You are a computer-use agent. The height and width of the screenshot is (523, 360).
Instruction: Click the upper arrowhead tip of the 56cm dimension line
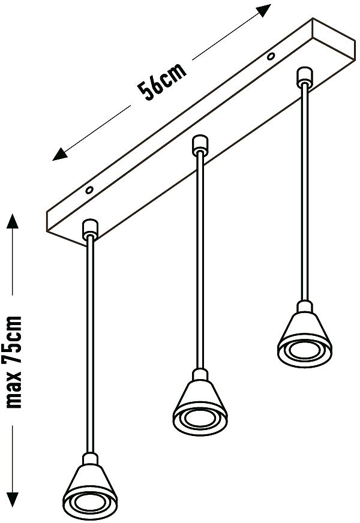tap(271, 5)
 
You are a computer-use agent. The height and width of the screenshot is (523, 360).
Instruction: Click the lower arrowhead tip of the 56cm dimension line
tap(53, 161)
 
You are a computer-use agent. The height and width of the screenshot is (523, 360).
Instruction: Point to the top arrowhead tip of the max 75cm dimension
tap(13, 214)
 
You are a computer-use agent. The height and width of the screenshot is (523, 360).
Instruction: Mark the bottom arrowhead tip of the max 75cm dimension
tap(13, 507)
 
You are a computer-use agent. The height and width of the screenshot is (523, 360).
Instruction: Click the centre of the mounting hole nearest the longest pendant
tap(89, 191)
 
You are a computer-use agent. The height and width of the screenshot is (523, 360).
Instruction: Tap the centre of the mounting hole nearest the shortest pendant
tap(271, 57)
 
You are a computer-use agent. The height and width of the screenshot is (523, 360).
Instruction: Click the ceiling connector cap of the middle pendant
tap(200, 145)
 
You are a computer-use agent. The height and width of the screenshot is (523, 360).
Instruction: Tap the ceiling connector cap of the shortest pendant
tap(304, 77)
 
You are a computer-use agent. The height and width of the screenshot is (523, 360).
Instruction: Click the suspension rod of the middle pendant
tap(200, 260)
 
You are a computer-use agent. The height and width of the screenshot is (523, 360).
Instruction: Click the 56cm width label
tap(162, 82)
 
